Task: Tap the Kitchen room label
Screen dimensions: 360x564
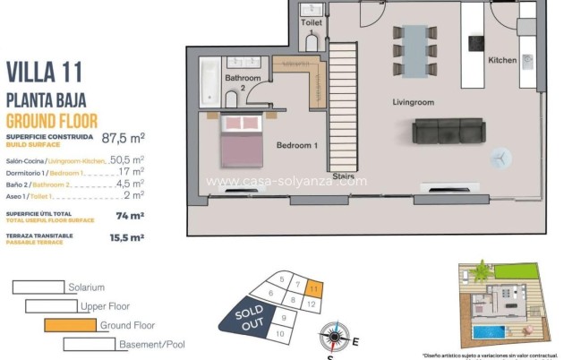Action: [501, 60]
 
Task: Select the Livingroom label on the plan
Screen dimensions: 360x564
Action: [413, 102]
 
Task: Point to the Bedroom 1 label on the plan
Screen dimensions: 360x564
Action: [296, 145]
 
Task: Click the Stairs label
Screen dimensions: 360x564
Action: [342, 176]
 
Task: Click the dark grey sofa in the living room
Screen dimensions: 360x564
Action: [449, 132]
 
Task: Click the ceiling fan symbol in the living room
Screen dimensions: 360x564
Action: [500, 157]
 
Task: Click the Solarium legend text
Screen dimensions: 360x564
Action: [86, 287]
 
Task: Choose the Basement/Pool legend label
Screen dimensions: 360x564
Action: [150, 344]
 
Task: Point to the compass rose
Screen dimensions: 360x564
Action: [334, 337]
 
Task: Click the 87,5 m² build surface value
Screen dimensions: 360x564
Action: [124, 138]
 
